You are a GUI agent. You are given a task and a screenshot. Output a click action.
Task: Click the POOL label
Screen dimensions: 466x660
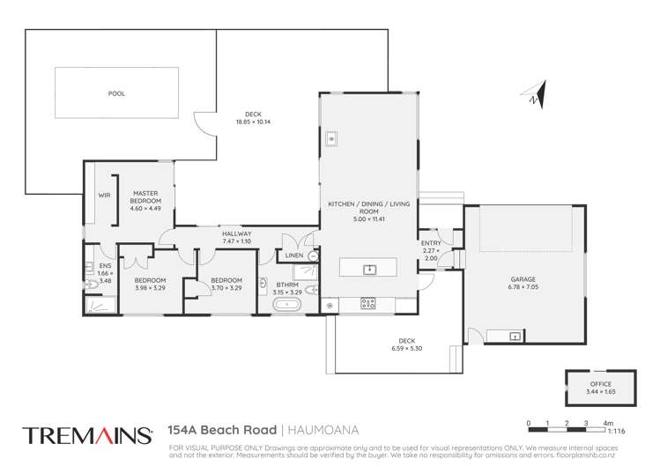[116, 92]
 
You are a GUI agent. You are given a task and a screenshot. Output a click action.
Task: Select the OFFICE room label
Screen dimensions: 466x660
[599, 384]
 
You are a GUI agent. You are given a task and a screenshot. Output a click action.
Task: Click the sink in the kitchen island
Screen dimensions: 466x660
[370, 268]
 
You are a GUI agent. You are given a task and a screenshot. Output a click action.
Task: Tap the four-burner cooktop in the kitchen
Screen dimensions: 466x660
[368, 305]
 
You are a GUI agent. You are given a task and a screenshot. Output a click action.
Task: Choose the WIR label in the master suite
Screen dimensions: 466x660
[103, 194]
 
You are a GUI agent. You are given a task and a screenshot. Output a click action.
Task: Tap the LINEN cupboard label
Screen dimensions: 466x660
[293, 256]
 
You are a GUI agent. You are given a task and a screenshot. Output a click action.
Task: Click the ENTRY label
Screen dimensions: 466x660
[432, 242]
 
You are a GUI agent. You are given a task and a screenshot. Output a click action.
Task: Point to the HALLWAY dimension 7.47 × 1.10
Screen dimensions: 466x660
[236, 240]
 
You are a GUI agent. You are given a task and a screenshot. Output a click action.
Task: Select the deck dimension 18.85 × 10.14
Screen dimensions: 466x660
[253, 122]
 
